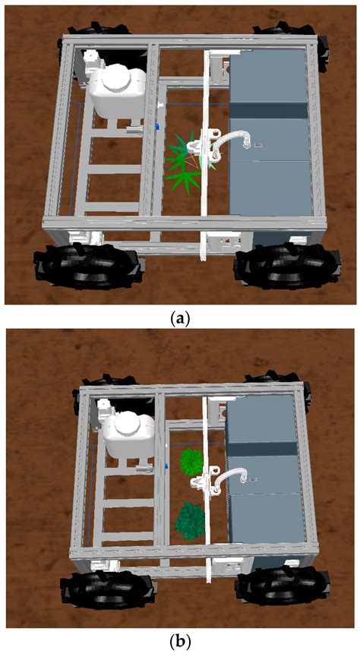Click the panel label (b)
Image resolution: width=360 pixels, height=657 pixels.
(x=179, y=643)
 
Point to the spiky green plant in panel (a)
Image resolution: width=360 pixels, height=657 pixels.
(x=185, y=161)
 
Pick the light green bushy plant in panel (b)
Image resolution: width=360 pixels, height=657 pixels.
(x=191, y=462)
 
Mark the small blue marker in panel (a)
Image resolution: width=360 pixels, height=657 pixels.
(x=157, y=125)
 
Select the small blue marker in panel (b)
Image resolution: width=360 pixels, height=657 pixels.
(x=166, y=463)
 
